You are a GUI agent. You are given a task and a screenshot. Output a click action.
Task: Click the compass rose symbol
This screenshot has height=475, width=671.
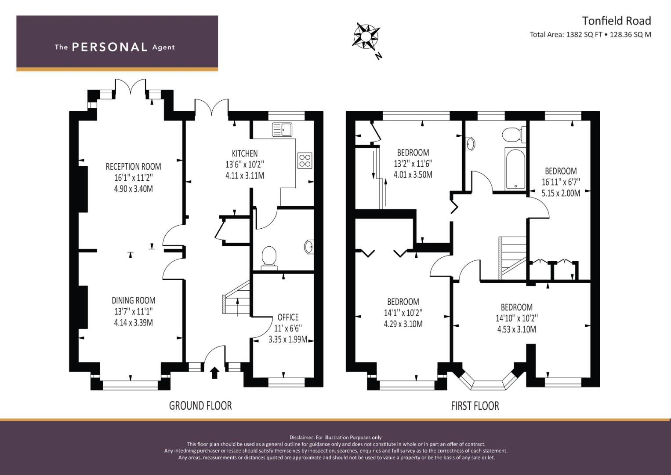366,36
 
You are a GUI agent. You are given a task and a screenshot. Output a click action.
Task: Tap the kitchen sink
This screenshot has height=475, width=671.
282,130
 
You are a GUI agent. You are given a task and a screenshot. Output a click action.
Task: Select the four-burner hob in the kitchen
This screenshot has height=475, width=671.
305,161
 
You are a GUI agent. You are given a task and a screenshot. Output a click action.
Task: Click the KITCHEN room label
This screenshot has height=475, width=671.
245,153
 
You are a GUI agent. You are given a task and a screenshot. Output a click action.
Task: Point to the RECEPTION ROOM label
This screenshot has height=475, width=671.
133,167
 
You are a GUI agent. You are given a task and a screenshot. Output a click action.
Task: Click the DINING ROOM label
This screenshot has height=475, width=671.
134,300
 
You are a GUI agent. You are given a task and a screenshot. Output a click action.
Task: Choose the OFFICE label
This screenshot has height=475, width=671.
288,317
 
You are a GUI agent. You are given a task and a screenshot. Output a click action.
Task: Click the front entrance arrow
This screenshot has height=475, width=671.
214,373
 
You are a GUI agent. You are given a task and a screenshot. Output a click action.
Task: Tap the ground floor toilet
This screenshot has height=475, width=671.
268,257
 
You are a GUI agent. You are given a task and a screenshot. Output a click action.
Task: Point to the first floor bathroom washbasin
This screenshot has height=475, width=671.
470,143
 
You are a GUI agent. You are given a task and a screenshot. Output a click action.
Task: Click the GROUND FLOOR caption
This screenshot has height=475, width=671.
200,406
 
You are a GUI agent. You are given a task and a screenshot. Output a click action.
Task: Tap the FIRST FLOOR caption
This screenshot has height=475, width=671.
475,406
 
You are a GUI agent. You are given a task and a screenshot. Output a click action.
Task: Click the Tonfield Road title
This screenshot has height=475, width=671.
617,21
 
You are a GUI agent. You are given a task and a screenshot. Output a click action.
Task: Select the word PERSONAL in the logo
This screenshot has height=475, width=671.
110,47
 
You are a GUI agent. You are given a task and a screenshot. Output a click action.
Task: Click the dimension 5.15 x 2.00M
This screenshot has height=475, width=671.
561,194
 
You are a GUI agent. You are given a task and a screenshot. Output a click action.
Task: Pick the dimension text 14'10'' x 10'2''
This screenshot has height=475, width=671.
517,318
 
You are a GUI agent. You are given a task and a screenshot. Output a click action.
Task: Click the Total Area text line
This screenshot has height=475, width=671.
591,34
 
